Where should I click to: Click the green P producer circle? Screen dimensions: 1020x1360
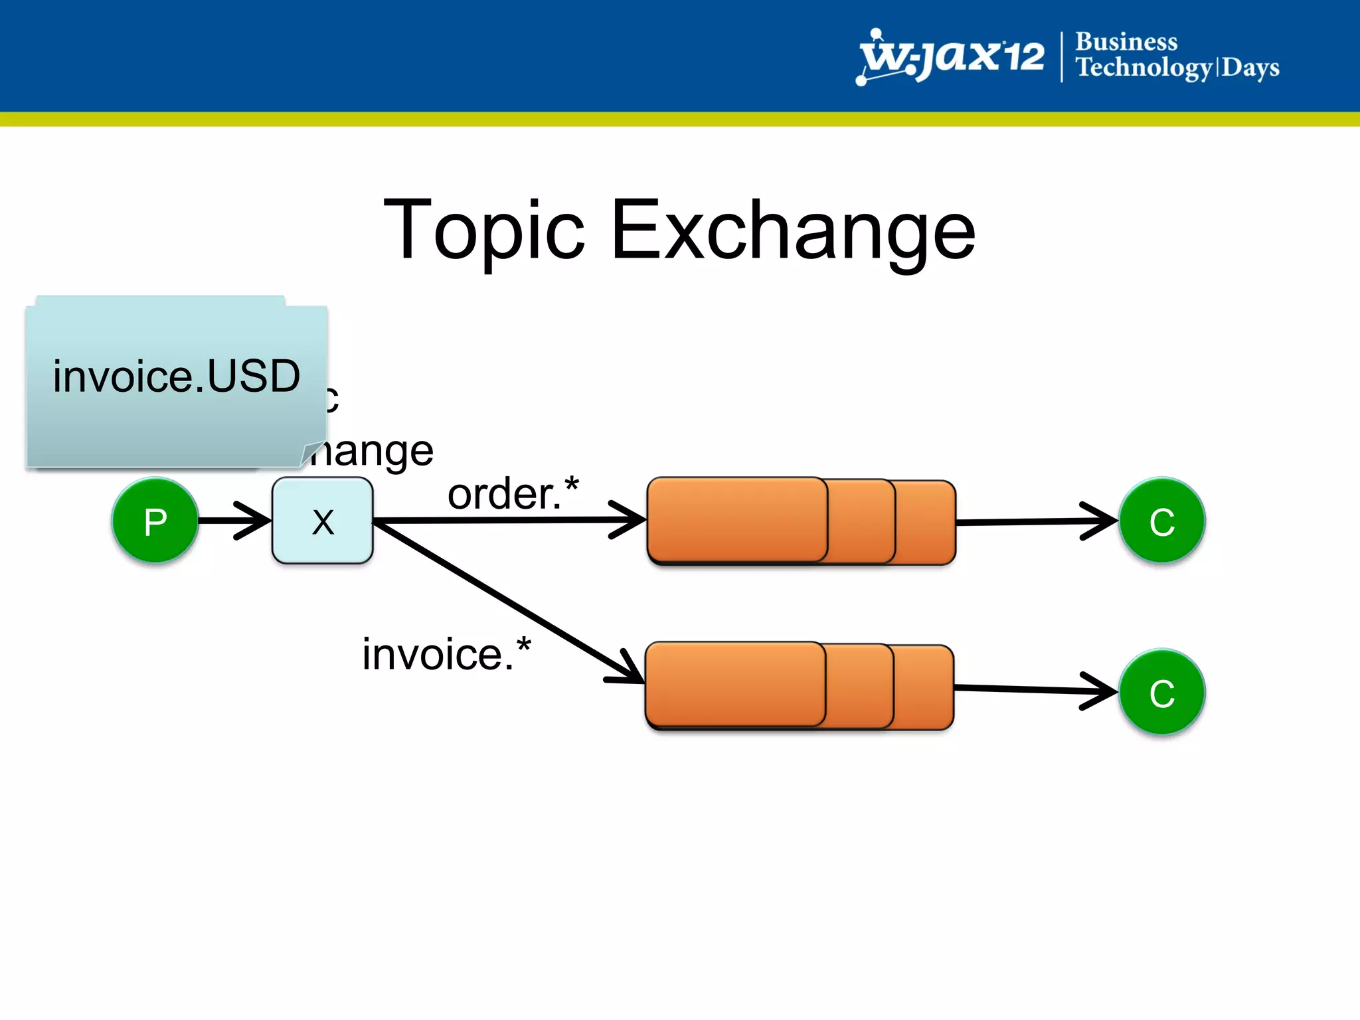pyautogui.click(x=155, y=521)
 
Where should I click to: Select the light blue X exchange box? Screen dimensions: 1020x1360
pyautogui.click(x=323, y=521)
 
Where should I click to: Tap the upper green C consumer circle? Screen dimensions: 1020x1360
pyautogui.click(x=1161, y=521)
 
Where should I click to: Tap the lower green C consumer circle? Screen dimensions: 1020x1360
pyautogui.click(x=1161, y=692)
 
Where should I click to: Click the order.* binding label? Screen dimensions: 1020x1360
pyautogui.click(x=513, y=494)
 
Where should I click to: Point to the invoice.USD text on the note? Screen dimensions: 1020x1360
pyautogui.click(x=177, y=376)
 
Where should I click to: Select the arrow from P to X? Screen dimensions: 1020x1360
pyautogui.click(x=232, y=520)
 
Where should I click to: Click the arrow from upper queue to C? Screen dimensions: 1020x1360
pyautogui.click(x=1036, y=522)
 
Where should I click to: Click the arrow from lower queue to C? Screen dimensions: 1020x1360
pyautogui.click(x=1036, y=689)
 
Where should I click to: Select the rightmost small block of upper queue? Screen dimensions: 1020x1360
pyautogui.click(x=926, y=522)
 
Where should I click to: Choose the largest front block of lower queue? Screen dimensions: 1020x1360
pyautogui.click(x=736, y=684)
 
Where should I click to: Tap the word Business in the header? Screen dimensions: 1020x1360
pyautogui.click(x=1126, y=41)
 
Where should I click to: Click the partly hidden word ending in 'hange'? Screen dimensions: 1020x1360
pyautogui.click(x=372, y=452)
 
